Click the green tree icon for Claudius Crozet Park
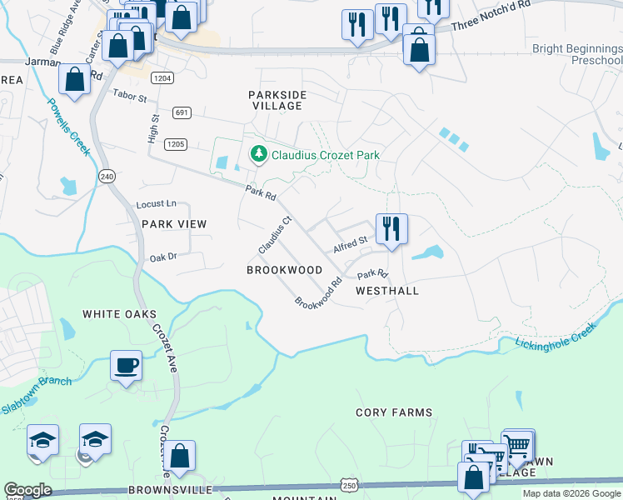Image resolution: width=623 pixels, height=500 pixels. click(x=259, y=154)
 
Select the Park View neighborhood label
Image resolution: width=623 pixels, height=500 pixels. click(x=173, y=224)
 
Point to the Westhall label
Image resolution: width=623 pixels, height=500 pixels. click(x=386, y=291)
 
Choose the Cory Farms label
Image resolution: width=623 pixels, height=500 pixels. click(x=394, y=412)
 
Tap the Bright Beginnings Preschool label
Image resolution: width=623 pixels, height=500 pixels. click(x=576, y=55)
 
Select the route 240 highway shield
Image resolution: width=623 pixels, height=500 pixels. click(x=106, y=177)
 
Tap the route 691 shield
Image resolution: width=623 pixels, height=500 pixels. click(x=182, y=112)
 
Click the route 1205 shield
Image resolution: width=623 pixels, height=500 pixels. click(x=175, y=144)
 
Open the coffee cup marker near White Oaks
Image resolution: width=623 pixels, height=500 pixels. click(x=126, y=365)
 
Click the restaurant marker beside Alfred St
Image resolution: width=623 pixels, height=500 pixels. click(x=391, y=227)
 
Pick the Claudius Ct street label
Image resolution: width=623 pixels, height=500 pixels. click(x=275, y=236)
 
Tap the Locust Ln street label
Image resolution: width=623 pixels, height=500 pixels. click(x=157, y=203)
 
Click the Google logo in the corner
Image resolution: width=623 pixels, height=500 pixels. click(x=27, y=490)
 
